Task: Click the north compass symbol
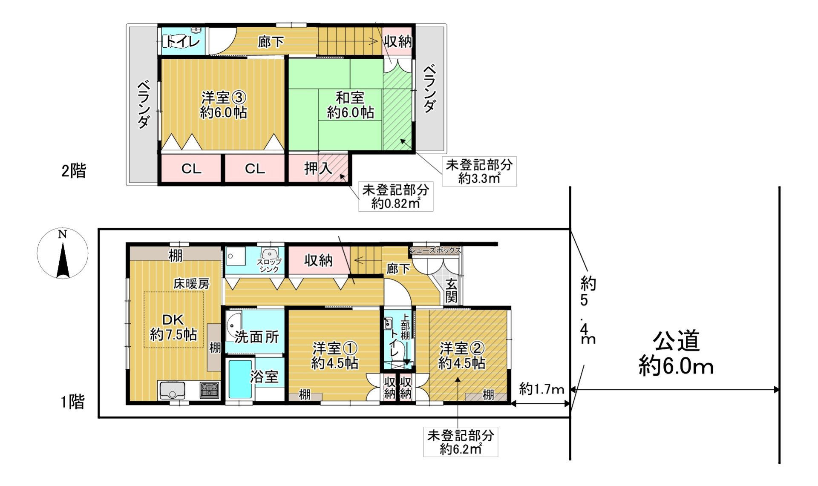click(63, 254)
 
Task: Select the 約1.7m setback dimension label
click(541, 389)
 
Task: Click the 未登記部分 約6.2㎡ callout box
click(461, 442)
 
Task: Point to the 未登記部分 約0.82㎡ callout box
click(396, 196)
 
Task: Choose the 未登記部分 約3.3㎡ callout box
click(479, 171)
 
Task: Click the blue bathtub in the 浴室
click(240, 379)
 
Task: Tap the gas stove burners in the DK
click(209, 389)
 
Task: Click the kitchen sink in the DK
click(172, 390)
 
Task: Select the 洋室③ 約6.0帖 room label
click(224, 105)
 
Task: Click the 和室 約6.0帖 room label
click(350, 105)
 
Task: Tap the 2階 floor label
click(74, 171)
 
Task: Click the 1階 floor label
click(73, 402)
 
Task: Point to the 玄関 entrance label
click(451, 290)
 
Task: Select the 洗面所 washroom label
click(257, 337)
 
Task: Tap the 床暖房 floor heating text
click(191, 284)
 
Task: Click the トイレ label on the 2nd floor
click(183, 41)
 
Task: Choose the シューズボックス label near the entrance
click(435, 250)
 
